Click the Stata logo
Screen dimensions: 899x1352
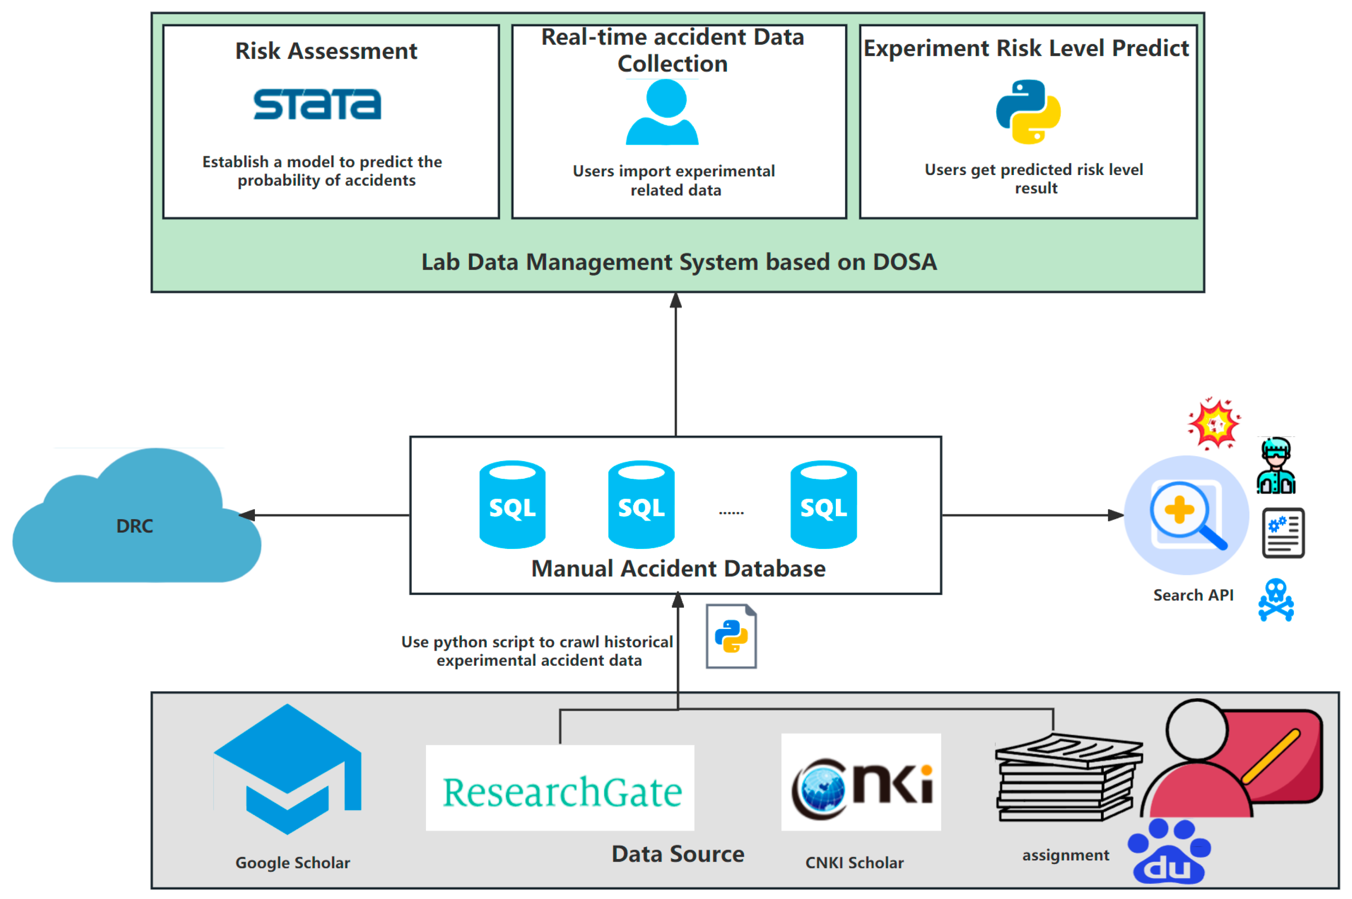[x=317, y=104]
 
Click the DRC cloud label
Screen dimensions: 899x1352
[x=135, y=526]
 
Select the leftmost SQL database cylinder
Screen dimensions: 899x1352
[x=512, y=505]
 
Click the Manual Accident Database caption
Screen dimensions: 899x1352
[x=678, y=569]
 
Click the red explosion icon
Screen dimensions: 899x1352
[x=1213, y=424]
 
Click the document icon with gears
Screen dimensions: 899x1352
[x=1283, y=533]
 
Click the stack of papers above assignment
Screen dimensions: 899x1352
[x=1068, y=778]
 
